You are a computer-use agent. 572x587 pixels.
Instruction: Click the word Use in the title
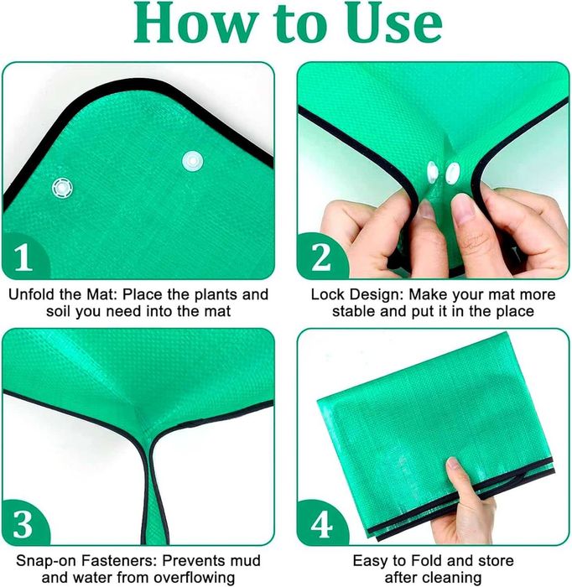[x=393, y=23]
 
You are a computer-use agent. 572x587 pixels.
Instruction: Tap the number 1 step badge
[x=23, y=257]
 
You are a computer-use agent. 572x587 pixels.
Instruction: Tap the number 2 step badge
[x=321, y=257]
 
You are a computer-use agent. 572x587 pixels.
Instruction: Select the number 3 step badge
[x=23, y=523]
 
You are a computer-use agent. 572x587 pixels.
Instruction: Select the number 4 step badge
[x=321, y=523]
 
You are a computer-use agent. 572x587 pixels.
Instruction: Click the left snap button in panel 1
[x=63, y=188]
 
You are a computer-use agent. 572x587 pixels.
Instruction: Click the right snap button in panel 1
[x=193, y=161]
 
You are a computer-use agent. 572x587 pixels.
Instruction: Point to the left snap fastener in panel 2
[x=433, y=172]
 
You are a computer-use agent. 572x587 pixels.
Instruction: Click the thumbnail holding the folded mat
[x=454, y=465]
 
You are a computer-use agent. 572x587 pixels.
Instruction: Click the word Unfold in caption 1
[x=31, y=294]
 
